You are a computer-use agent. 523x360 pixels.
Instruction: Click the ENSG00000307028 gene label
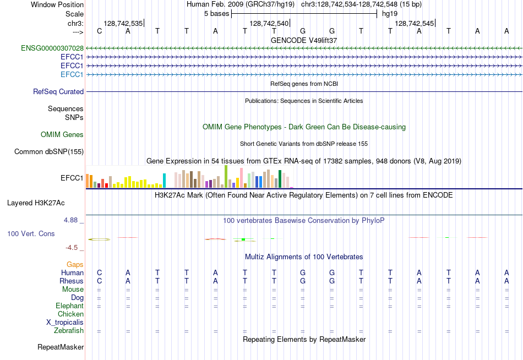coord(52,48)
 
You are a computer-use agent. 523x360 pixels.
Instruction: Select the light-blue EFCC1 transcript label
coord(72,74)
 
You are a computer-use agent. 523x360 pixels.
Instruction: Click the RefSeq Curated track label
coord(58,92)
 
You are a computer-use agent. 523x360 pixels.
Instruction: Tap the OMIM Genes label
coord(62,134)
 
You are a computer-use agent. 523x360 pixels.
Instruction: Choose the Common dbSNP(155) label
coord(49,152)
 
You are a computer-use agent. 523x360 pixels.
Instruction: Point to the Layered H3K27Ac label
coord(36,203)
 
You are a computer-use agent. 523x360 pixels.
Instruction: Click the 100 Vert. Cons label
coord(31,233)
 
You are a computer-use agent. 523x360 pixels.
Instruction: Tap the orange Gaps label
coord(75,265)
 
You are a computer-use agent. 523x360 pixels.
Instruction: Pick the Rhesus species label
coord(72,281)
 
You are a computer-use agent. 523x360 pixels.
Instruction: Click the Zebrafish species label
coord(69,331)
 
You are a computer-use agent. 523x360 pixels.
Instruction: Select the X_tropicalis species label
coord(65,323)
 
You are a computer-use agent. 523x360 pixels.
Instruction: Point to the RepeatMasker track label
coord(61,347)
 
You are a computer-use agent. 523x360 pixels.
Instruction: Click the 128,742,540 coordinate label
coord(269,23)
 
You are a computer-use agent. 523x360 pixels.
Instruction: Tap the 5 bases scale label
coord(217,14)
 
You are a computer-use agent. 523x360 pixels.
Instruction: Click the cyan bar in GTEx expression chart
coord(164,181)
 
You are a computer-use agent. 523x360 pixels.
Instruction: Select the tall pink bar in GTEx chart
coord(241,178)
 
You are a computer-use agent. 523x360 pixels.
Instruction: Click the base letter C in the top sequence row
coord(99,31)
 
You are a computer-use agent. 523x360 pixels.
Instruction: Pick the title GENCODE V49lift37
coord(304,40)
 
